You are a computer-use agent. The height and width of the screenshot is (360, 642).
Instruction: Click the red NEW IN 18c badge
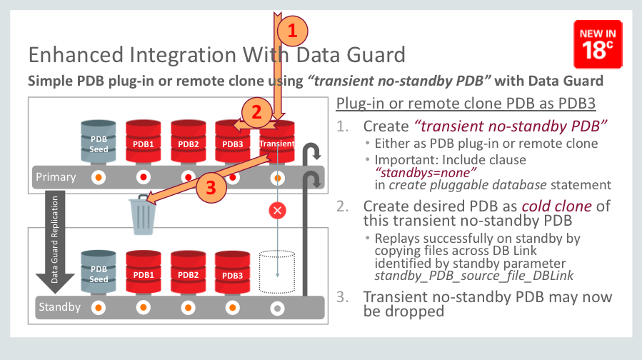pos(597,44)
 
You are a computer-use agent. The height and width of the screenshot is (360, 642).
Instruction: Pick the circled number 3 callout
pos(210,187)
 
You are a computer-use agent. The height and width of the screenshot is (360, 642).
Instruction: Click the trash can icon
pos(141,214)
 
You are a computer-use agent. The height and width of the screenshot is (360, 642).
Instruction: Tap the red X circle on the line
pos(277,211)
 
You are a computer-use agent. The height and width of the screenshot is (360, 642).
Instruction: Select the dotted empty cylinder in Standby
pos(277,271)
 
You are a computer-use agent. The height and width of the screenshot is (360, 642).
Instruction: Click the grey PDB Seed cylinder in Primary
pos(99,141)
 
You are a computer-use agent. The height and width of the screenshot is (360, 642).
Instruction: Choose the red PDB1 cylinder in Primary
pos(143,141)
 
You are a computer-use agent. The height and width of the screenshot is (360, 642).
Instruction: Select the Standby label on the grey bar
pos(59,308)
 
